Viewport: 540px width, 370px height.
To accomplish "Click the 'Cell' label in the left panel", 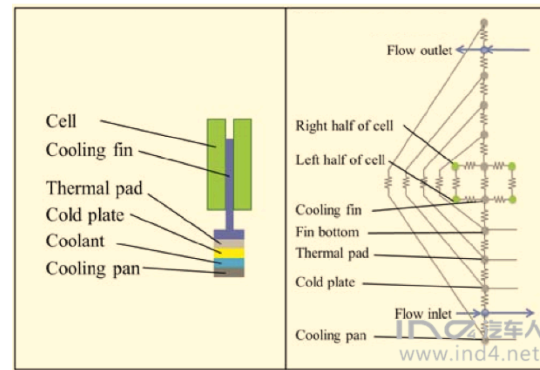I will tap(61, 121).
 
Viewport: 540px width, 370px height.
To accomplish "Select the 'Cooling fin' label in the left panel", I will tap(89, 150).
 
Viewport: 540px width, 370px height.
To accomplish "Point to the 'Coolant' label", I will tap(75, 241).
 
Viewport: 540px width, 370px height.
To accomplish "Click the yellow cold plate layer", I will tap(229, 253).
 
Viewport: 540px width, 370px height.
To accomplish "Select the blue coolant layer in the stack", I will tap(229, 263).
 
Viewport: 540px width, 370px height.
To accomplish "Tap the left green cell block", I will tap(216, 164).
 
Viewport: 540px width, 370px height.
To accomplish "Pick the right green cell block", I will tap(243, 164).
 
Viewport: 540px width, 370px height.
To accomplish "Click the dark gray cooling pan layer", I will tap(229, 272).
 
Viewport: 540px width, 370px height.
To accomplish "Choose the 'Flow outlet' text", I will tap(419, 50).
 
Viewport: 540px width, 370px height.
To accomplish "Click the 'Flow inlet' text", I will tap(422, 314).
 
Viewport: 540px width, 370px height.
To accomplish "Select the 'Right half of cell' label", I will tap(345, 126).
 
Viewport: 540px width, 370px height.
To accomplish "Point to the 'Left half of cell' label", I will tap(341, 160).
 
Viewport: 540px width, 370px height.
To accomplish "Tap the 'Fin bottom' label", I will tap(327, 232).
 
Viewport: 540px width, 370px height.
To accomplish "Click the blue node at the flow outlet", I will tap(484, 50).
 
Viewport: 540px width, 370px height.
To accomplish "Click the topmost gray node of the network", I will tap(484, 22).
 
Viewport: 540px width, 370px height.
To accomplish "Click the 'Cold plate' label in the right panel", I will tap(325, 282).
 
